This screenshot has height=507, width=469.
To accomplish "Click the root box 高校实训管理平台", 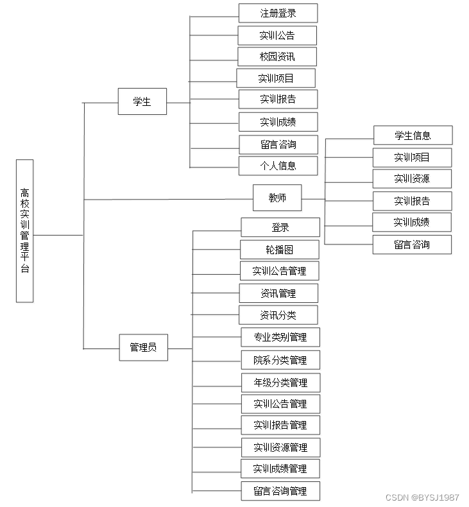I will [x=24, y=230].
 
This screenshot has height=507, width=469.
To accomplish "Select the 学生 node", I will [x=142, y=101].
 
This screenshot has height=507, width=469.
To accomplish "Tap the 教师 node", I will [x=277, y=198].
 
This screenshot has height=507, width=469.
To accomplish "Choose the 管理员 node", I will [x=143, y=347].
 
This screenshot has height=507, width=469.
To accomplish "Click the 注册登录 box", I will [x=278, y=13].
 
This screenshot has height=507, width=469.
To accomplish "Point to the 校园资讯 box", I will [x=277, y=56].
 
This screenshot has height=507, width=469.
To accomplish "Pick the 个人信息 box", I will [x=278, y=166].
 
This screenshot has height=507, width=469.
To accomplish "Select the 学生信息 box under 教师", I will [x=413, y=135].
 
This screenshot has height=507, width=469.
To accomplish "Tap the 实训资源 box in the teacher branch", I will [x=412, y=178].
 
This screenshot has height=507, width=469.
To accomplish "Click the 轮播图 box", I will [x=279, y=249].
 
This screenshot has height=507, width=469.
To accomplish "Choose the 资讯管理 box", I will [x=278, y=293].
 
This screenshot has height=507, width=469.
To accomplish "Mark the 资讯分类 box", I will [x=278, y=315].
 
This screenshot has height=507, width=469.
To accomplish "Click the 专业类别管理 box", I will [x=280, y=337].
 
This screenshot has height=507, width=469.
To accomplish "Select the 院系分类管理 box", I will [x=280, y=360].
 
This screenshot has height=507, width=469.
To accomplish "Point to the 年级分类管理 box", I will [x=280, y=382].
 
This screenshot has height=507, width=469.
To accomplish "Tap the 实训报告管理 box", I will [x=280, y=425].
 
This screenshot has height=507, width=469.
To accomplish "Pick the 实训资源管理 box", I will [x=280, y=447].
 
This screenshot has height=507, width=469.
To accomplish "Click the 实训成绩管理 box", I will [x=280, y=468].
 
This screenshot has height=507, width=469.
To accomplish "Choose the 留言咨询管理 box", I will [x=280, y=491].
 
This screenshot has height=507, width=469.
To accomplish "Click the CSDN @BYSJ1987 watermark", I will [x=422, y=497].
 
